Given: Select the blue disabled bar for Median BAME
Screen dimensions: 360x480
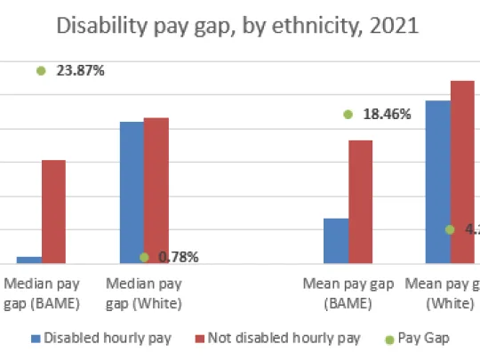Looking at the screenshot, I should (x=29, y=260).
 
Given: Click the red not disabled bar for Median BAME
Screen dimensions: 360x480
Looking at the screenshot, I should (x=53, y=212).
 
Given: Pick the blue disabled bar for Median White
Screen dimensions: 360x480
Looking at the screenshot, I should (x=132, y=192).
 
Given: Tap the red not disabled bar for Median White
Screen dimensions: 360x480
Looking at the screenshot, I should (x=156, y=190).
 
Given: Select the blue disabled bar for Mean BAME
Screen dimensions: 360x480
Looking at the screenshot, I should (x=336, y=240).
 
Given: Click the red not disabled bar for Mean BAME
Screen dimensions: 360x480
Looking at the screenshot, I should (x=360, y=201).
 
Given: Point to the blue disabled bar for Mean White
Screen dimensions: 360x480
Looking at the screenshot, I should (x=437, y=181).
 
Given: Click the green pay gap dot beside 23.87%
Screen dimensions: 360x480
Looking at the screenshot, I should (x=41, y=70).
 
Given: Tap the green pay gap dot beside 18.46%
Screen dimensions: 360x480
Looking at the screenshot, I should (x=348, y=114).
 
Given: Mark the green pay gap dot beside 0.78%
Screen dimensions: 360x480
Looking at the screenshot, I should (x=144, y=257).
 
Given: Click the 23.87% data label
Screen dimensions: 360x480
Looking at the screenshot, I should (x=81, y=70).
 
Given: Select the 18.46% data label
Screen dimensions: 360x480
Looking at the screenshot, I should (x=386, y=114).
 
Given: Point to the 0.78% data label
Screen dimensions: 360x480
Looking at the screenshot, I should (x=178, y=258).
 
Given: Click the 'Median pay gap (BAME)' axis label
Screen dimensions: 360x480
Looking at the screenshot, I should (x=43, y=294).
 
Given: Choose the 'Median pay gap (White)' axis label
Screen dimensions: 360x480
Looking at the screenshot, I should (x=144, y=294).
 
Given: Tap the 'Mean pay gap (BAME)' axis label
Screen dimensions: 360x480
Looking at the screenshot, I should (x=348, y=294).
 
